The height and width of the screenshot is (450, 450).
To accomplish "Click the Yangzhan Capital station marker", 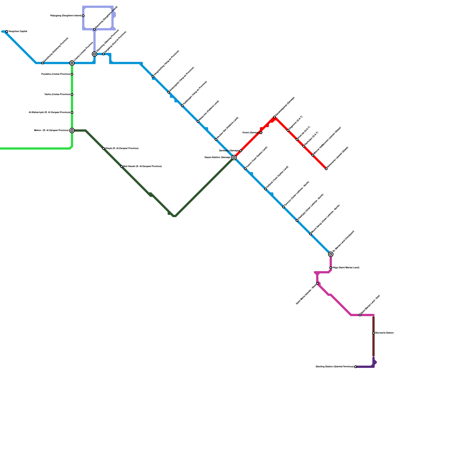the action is pyautogui.click(x=7, y=31).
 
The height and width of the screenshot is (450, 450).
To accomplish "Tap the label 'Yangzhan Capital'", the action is pyautogui.click(x=18, y=31).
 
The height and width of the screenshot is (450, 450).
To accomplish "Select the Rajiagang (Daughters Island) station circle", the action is pyautogui.click(x=83, y=16).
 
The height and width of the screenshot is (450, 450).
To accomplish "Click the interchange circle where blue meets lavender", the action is pyautogui.click(x=94, y=54).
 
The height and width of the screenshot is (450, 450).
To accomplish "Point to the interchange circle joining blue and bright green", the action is pyautogui.click(x=72, y=63).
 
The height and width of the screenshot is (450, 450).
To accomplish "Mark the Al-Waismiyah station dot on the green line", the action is pyautogui.click(x=72, y=112).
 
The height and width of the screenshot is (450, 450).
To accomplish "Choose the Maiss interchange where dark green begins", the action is pyautogui.click(x=72, y=130).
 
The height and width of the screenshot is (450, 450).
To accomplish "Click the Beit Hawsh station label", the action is pyautogui.click(x=142, y=166).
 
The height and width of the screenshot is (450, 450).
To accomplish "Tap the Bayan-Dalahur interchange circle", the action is pyautogui.click(x=234, y=157).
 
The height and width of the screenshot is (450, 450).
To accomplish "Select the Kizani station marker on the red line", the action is pyautogui.click(x=261, y=133).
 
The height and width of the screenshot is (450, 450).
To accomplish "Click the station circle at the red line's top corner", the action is pyautogui.click(x=274, y=117).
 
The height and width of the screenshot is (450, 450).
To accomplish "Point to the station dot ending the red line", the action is pyautogui.click(x=326, y=169).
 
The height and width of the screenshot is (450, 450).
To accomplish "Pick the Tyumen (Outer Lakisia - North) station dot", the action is pyautogui.click(x=283, y=207).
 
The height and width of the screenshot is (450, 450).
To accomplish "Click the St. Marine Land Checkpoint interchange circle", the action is pyautogui.click(x=331, y=254).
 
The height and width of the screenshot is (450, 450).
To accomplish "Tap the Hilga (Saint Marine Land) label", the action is pyautogui.click(x=346, y=268).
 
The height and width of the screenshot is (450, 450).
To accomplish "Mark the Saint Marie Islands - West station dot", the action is pyautogui.click(x=317, y=283).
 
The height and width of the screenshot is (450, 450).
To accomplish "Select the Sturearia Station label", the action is pyautogui.click(x=384, y=333).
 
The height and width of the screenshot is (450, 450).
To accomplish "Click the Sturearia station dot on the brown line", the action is pyautogui.click(x=373, y=333).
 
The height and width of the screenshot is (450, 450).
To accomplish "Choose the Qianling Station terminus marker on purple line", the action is pyautogui.click(x=355, y=367).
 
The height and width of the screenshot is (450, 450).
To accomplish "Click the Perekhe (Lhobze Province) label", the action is pyautogui.click(x=56, y=74).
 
